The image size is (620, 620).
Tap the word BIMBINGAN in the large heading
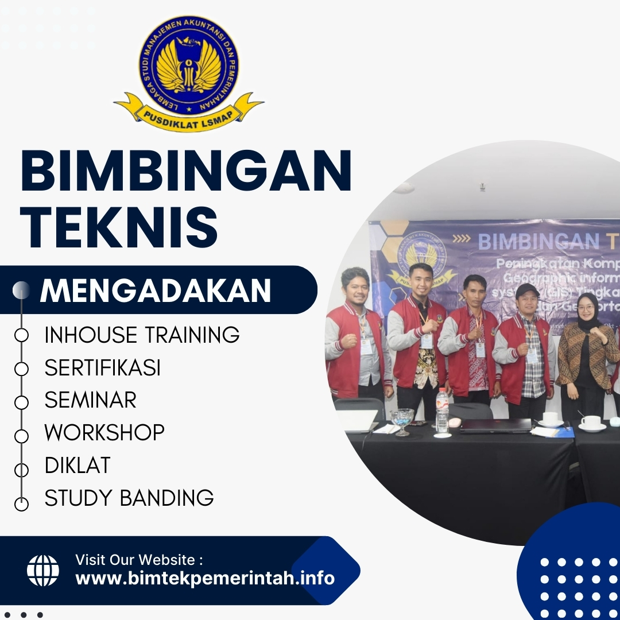(185, 170)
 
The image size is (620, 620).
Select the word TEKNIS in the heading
(119, 228)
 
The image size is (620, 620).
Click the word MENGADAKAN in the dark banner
(155, 290)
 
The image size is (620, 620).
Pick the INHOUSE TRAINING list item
(142, 335)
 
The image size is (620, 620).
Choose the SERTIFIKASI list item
(103, 368)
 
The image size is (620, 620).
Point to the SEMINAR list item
(91, 400)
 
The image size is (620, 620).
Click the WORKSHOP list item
(104, 432)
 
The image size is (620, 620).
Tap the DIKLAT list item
(77, 465)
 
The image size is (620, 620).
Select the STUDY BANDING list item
(129, 497)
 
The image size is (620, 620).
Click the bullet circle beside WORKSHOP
(21, 435)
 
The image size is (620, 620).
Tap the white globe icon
(43, 570)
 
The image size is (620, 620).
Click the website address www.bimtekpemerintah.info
(205, 578)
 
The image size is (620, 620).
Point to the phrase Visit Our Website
(139, 559)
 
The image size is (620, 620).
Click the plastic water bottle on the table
(441, 410)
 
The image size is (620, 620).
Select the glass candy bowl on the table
(402, 418)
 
